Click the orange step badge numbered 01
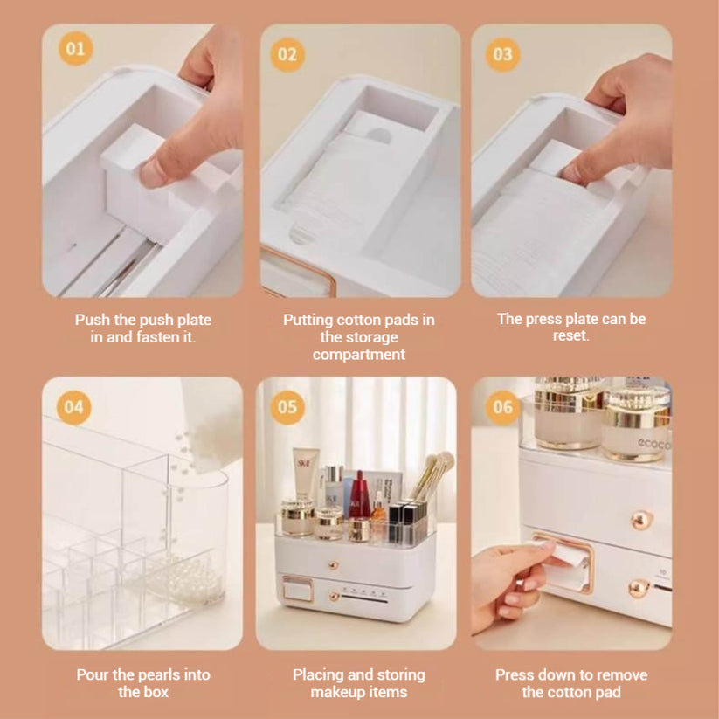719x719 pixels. tap(76, 49)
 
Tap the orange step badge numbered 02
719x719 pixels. tap(287, 54)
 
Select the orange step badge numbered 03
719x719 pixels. tap(502, 54)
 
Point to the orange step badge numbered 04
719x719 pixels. tap(74, 407)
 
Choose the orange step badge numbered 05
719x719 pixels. tap(287, 407)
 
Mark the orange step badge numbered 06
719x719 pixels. tap(502, 407)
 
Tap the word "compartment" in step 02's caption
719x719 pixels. tap(358, 355)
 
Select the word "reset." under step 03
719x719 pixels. tap(570, 335)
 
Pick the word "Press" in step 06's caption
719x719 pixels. tap(515, 674)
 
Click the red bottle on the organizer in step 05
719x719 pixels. tap(360, 496)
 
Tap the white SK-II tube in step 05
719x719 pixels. tap(305, 474)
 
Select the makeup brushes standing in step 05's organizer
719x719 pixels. tap(431, 476)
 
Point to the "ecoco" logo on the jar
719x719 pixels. tap(653, 444)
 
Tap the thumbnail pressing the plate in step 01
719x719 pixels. tap(153, 174)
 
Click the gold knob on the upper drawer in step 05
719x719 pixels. tap(334, 564)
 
